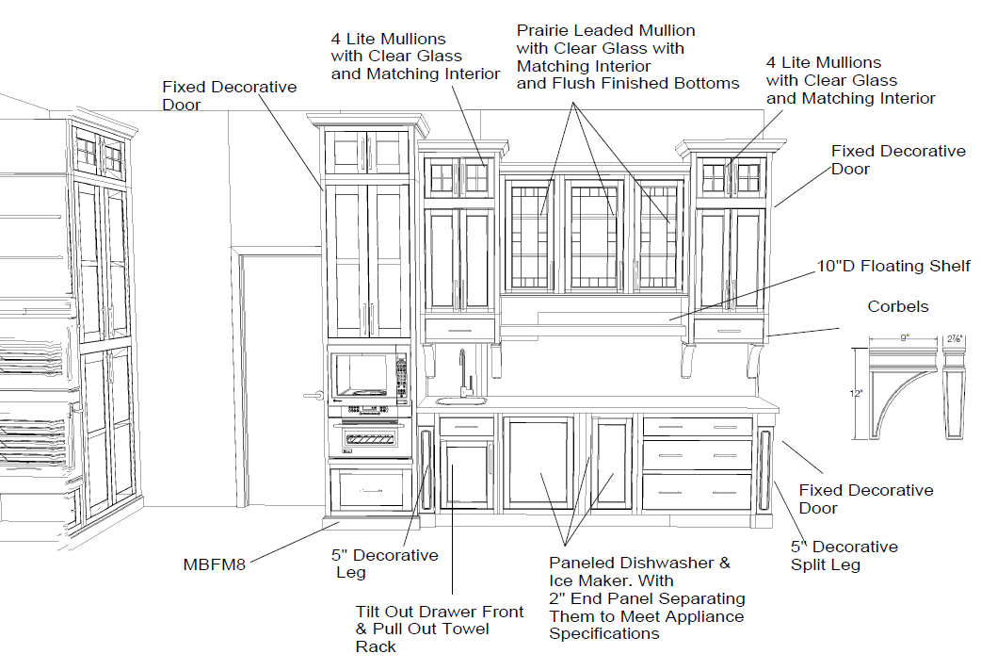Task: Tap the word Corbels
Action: click(x=897, y=307)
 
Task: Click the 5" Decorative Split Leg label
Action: click(x=844, y=555)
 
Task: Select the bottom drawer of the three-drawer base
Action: click(x=697, y=492)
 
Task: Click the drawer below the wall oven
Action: click(x=370, y=488)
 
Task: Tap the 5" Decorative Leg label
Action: click(x=386, y=564)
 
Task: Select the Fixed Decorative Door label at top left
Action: click(x=229, y=95)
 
